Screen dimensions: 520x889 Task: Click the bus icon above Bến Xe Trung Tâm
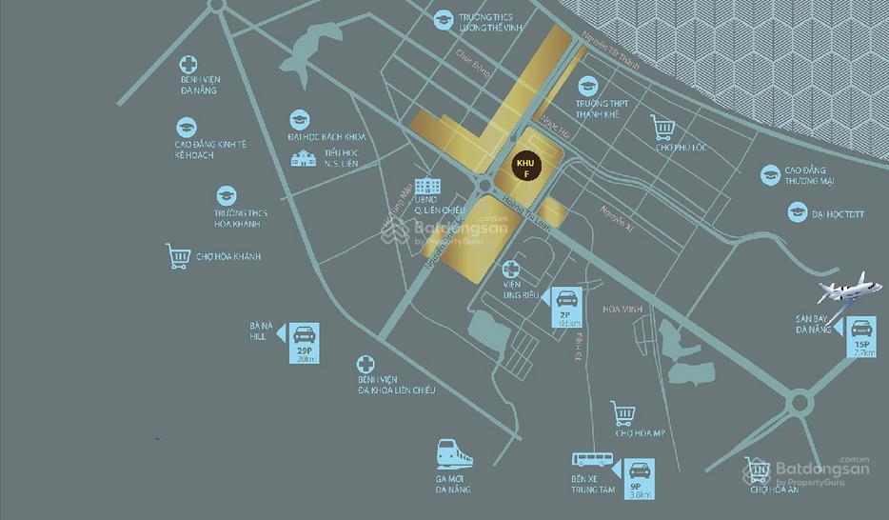tap(583, 463)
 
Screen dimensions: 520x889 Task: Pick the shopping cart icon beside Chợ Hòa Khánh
tap(177, 256)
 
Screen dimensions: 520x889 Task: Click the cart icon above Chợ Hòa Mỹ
tap(623, 414)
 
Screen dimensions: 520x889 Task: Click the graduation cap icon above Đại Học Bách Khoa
tap(301, 119)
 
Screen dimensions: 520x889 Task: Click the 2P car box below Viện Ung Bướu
tap(565, 306)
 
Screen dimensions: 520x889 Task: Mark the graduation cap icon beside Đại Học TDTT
tap(798, 211)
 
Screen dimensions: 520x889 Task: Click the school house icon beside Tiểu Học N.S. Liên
tap(304, 157)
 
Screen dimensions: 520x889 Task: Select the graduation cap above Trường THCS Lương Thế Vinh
tap(443, 19)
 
